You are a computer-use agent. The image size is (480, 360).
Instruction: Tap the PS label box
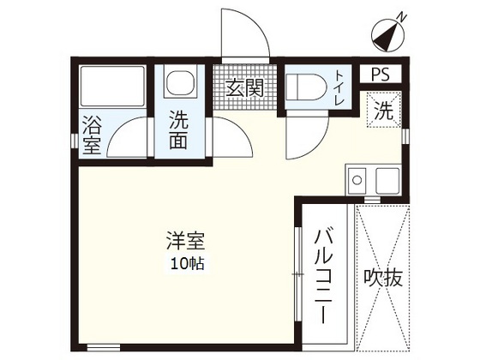tap(381, 75)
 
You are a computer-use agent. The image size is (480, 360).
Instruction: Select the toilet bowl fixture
tap(304, 87)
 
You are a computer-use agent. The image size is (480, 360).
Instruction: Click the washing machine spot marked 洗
tap(386, 110)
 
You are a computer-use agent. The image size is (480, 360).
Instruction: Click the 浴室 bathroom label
tap(92, 137)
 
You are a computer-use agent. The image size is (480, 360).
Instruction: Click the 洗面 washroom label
tap(180, 130)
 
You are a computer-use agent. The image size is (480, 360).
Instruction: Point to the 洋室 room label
tap(185, 242)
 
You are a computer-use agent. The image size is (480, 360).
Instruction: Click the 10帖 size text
tap(185, 264)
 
